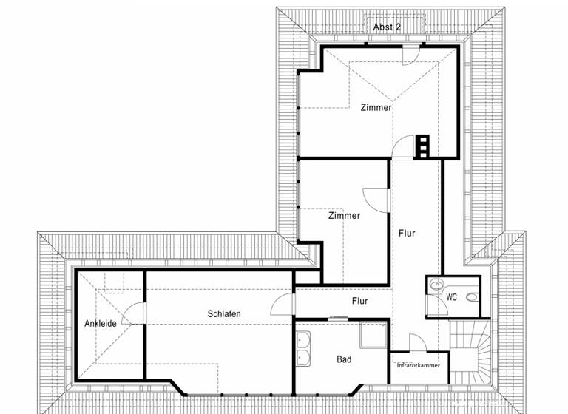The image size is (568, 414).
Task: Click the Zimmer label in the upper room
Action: click(376, 107)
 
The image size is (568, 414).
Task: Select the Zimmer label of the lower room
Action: click(345, 216)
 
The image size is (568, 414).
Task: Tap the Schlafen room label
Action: click(224, 313)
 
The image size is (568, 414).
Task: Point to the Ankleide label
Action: click(101, 323)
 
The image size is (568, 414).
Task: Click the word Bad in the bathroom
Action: click(344, 359)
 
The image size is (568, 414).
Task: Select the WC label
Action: click(452, 296)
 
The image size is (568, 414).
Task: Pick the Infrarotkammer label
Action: click(418, 366)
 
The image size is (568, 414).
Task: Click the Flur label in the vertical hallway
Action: click(407, 233)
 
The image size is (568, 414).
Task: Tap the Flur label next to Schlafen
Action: click(359, 301)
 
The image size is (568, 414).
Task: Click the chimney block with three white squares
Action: click(422, 146)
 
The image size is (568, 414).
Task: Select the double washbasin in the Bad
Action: click(304, 349)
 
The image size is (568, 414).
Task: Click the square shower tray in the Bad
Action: click(371, 336)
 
